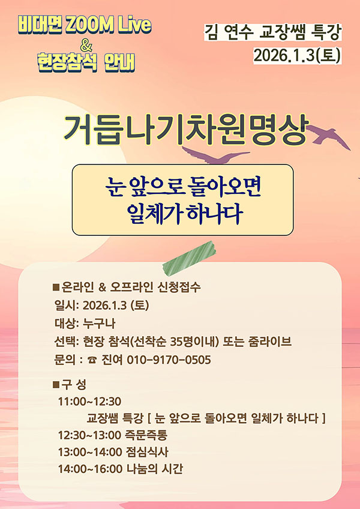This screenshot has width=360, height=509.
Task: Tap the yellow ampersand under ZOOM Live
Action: click(86, 47)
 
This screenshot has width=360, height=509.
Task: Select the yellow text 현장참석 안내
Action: click(86, 62)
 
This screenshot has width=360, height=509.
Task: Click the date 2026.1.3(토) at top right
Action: click(296, 55)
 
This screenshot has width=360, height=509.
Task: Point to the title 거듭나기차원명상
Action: click(185, 129)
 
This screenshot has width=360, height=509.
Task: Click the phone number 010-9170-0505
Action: click(169, 360)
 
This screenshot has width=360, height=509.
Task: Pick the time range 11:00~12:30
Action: click(89, 402)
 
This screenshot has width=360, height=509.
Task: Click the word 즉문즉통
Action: click(146, 435)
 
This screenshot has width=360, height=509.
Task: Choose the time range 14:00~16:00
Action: click(90, 469)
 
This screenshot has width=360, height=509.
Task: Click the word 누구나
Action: click(100, 324)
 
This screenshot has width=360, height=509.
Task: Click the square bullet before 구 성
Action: click(56, 385)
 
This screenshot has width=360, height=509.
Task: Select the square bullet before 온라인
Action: click(56, 287)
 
